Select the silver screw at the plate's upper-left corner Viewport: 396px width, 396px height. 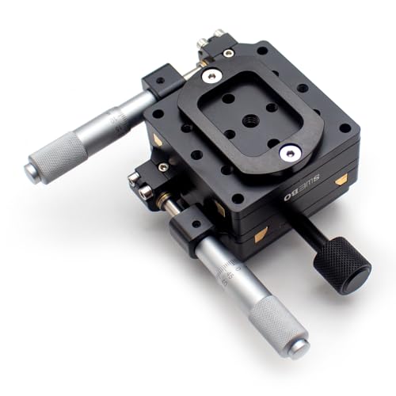point(211,76)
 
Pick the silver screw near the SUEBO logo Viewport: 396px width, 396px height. point(291,153)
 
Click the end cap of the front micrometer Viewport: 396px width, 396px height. point(298,346)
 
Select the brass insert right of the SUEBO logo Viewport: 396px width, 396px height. point(341,181)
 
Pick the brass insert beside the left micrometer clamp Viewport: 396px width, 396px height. point(157,139)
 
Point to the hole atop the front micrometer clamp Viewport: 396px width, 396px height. point(193,222)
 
